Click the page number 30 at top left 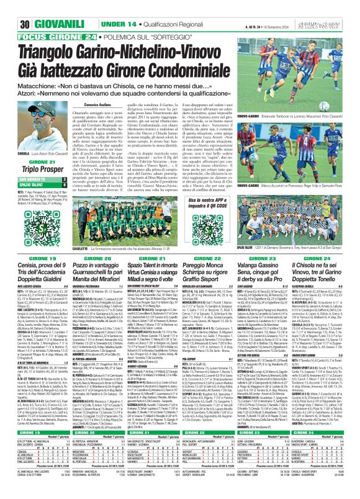coord(10,8)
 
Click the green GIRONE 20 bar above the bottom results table coord(91,434)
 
